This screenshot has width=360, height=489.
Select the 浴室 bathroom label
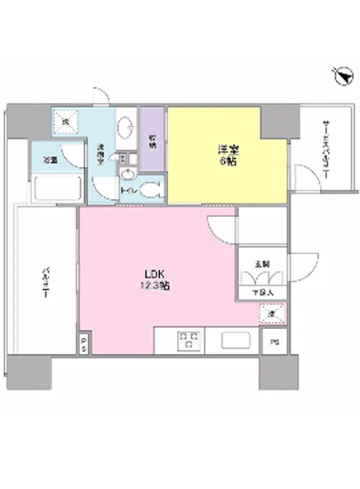(x=52, y=161)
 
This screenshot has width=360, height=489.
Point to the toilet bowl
(x=149, y=188)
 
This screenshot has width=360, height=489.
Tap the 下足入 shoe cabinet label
(x=261, y=291)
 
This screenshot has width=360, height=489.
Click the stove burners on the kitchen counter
(x=189, y=339)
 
